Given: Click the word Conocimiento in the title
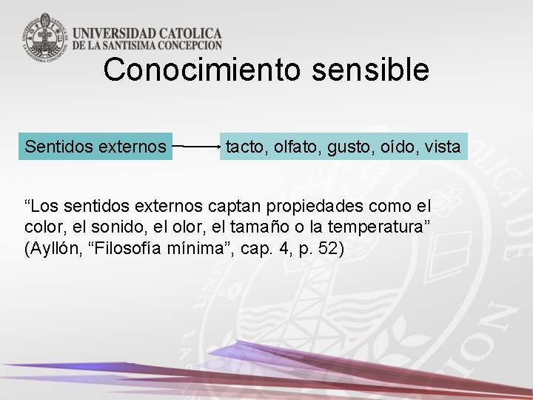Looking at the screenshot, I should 201,70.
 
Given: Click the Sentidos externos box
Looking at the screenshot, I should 95,147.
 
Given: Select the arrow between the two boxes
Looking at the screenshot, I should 196,147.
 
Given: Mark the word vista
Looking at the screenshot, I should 443,147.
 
